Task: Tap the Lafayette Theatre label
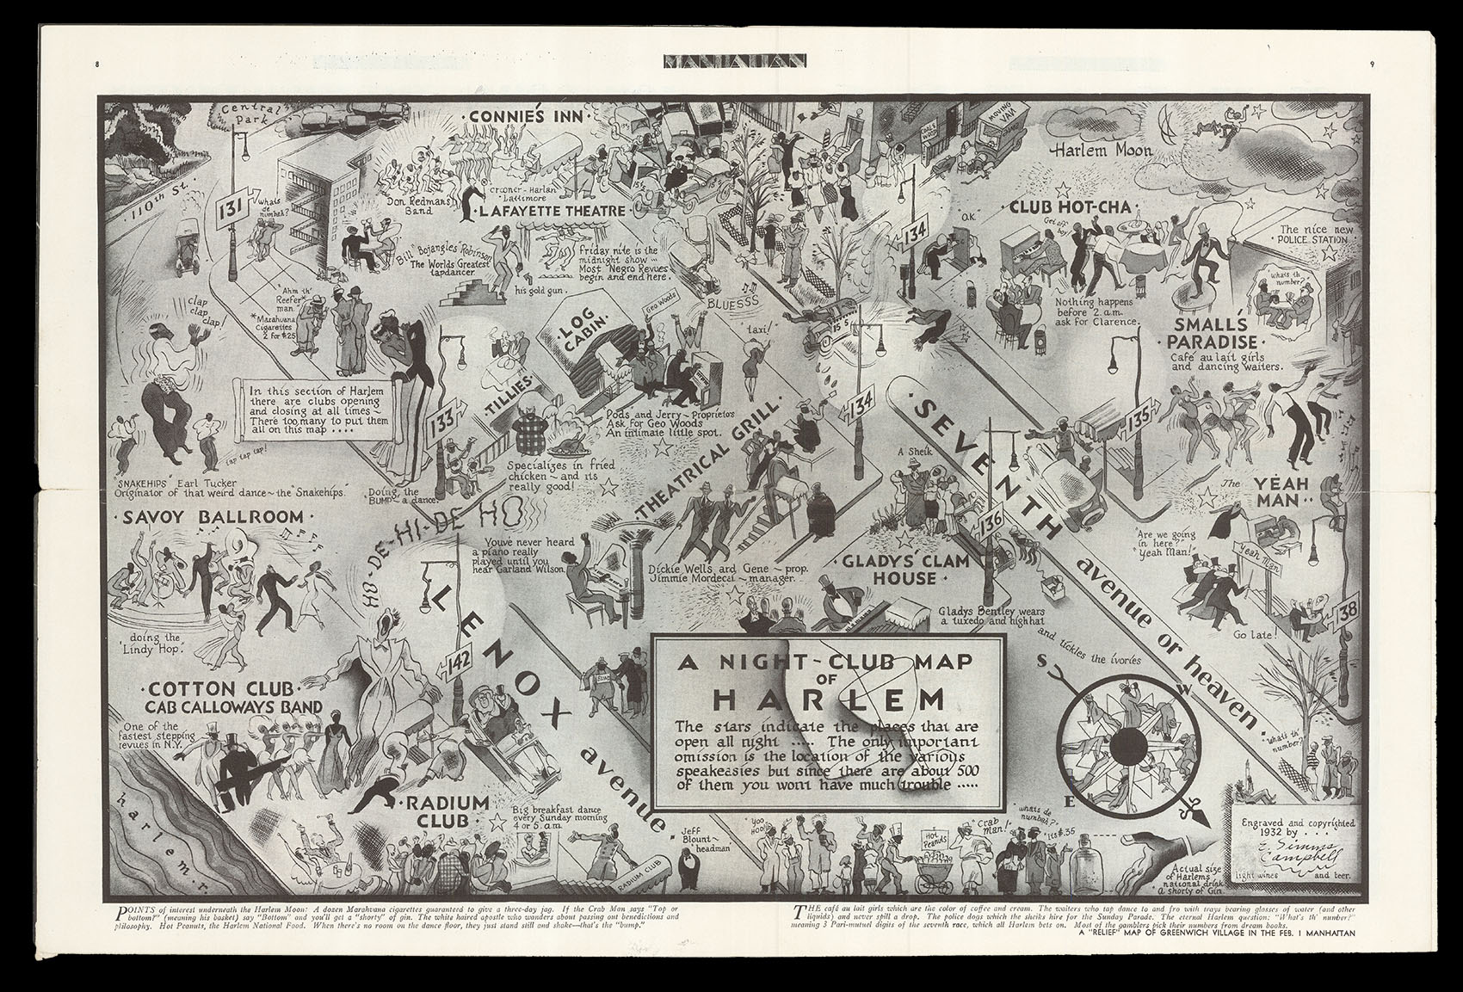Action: click(x=534, y=210)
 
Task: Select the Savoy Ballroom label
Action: click(x=213, y=517)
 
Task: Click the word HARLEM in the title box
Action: click(x=824, y=697)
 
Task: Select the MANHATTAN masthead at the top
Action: click(x=735, y=61)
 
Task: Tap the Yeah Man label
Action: click(x=1280, y=495)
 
